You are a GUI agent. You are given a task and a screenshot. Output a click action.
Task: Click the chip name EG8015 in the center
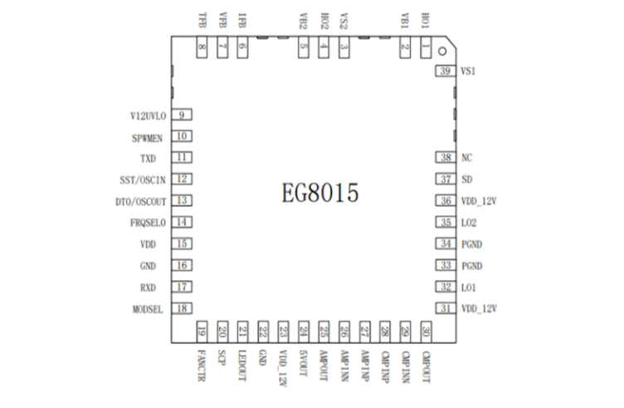tap(319, 194)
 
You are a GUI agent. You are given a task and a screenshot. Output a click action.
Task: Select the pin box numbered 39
tap(446, 72)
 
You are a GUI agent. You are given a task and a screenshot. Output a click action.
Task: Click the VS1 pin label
tap(468, 72)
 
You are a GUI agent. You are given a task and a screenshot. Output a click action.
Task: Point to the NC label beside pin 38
tap(466, 158)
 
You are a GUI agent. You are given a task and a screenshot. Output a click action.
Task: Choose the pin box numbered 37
tap(446, 179)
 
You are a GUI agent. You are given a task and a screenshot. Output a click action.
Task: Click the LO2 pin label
tap(470, 223)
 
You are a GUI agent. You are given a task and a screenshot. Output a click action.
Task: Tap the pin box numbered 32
tap(446, 287)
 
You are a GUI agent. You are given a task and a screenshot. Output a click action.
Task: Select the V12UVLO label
tap(149, 115)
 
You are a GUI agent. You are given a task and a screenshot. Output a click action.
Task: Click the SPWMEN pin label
tap(151, 136)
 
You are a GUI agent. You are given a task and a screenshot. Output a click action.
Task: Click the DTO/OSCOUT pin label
tap(143, 201)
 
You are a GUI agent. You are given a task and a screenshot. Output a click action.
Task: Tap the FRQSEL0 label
tap(149, 223)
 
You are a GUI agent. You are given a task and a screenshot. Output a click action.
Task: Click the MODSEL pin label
tap(152, 308)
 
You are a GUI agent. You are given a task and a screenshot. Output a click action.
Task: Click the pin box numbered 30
tap(426, 330)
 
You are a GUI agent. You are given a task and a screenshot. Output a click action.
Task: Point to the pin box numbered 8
tap(202, 49)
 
